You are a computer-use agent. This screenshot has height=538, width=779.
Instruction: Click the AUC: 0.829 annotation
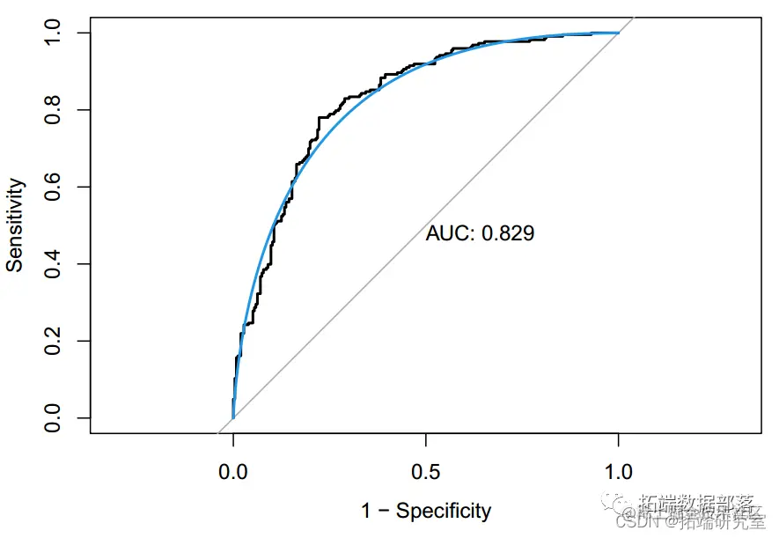tap(480, 233)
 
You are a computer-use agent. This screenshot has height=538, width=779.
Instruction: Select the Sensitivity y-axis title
tap(16, 225)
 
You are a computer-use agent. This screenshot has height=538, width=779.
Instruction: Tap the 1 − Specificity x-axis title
tap(426, 511)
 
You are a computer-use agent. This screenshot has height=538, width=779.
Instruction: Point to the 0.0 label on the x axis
tap(232, 471)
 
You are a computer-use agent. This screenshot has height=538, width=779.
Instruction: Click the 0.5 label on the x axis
tap(426, 471)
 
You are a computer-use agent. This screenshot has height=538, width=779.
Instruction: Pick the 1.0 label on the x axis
tap(619, 471)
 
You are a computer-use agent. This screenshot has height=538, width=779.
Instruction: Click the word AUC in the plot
tap(447, 233)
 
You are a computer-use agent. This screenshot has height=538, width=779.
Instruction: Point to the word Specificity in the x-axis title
tap(444, 511)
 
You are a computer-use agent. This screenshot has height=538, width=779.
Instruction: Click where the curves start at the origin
tap(232, 417)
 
